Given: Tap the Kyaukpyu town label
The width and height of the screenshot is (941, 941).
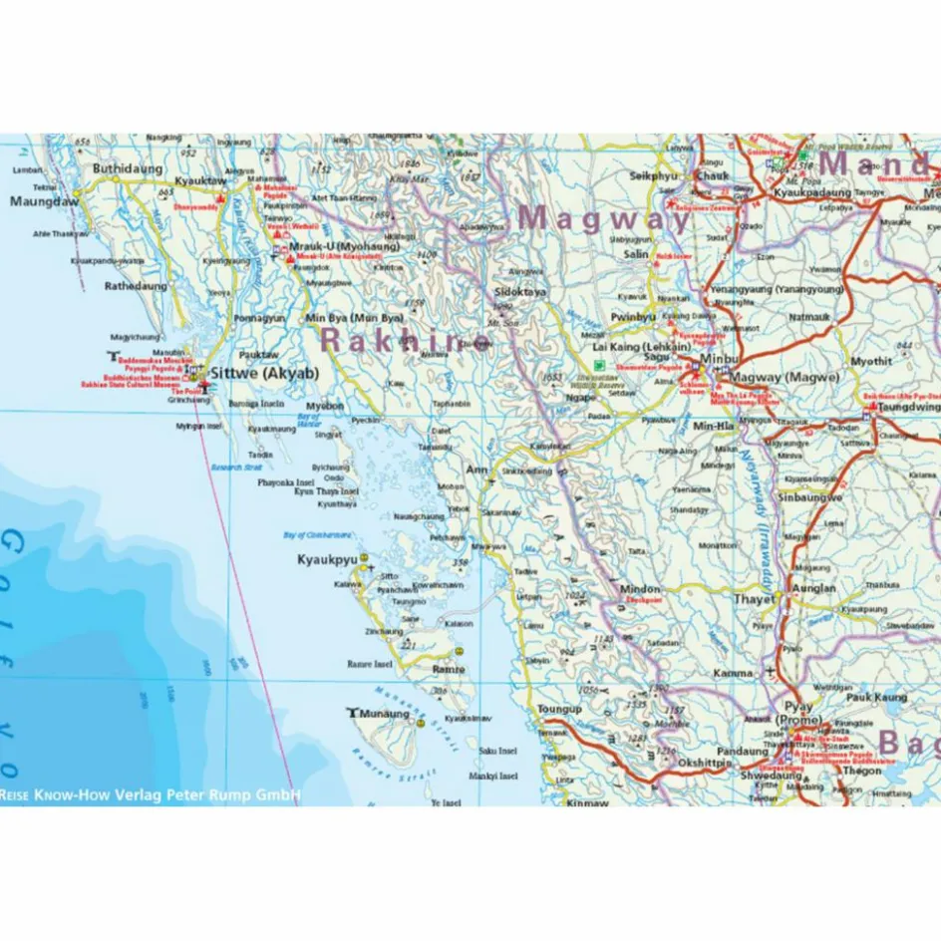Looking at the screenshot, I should pos(327,560).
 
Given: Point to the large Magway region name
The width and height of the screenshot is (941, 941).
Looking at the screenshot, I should pos(605,217).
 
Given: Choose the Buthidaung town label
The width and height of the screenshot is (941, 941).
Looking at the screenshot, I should pos(127,168).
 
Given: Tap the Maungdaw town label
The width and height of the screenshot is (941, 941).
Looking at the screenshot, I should pos(43,201).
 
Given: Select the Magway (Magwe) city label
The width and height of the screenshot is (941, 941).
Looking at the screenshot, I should pos(784,377).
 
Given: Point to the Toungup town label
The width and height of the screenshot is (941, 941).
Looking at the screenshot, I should pos(558,709).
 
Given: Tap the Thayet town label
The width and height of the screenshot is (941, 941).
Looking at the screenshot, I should pos(754,599).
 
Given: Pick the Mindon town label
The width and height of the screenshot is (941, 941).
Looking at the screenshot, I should pos(640,589).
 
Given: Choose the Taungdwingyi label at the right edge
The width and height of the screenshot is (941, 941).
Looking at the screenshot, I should pos(906,407).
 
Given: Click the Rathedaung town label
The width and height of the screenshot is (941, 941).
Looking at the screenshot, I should pos(137,286).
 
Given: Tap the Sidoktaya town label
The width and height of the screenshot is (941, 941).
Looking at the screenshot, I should pos(520,292).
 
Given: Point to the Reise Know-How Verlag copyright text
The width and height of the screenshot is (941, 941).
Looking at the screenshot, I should pos(150,795).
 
